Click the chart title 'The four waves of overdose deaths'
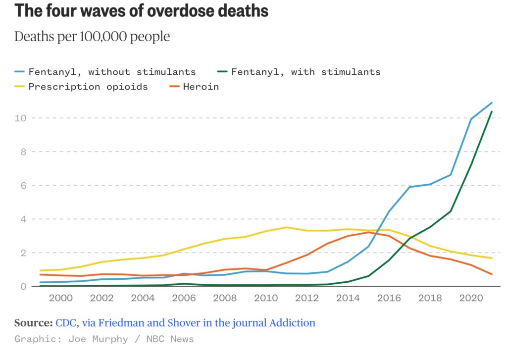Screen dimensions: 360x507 tap(142, 11)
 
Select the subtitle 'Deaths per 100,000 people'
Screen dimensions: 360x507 tap(92, 37)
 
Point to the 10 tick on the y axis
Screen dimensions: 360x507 tap(20, 118)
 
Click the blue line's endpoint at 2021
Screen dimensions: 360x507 tap(492, 103)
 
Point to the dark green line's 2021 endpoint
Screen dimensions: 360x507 tap(492, 112)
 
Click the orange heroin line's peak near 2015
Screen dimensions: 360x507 tap(368, 232)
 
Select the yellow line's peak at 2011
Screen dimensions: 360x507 tap(286, 227)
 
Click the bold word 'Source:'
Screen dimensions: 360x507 tap(33, 323)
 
